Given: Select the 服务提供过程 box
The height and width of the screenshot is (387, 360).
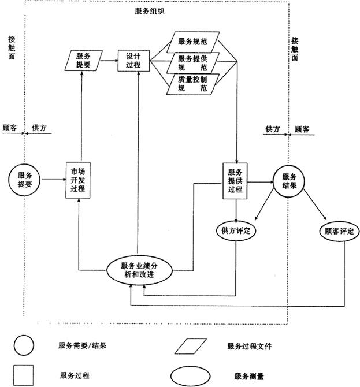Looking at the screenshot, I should tap(235, 181).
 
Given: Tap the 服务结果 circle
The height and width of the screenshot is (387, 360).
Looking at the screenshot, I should tap(289, 181).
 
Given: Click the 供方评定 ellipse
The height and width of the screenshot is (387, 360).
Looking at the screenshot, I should tap(236, 230).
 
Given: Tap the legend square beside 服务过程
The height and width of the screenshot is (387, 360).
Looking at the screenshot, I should tap(24, 375).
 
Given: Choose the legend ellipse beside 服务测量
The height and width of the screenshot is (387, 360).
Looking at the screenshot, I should tap(194, 375).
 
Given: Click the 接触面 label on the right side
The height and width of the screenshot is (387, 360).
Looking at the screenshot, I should tap(295, 50).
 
